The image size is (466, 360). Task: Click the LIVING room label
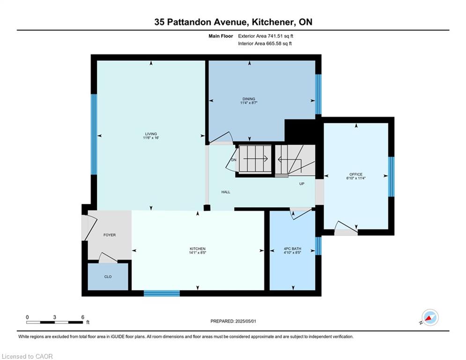pyautogui.click(x=151, y=134)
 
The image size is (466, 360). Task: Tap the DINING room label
pyautogui.click(x=249, y=99)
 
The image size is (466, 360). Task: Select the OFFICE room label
pyautogui.click(x=356, y=174)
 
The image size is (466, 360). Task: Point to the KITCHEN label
pyautogui.click(x=198, y=249)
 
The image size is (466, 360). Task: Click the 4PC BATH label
pyautogui.click(x=292, y=249)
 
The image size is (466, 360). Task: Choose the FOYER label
pyautogui.click(x=110, y=235)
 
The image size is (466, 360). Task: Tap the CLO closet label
pyautogui.click(x=108, y=277)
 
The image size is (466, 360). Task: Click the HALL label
pyautogui.click(x=226, y=192)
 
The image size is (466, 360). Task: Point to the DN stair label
pyautogui.click(x=234, y=160)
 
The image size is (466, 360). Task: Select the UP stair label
pyautogui.click(x=302, y=184)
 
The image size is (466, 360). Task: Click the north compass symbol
pyautogui.click(x=430, y=317)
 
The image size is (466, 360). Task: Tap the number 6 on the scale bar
pyautogui.click(x=82, y=317)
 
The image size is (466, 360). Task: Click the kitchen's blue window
pyautogui.click(x=162, y=293)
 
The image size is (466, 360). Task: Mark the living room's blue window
pyautogui.click(x=94, y=134)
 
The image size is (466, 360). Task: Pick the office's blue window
pyautogui.click(x=392, y=177)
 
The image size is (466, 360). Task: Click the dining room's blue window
pyautogui.click(x=318, y=94)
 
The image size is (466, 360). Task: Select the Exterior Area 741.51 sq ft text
pyautogui.click(x=266, y=36)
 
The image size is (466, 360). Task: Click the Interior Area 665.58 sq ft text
pyautogui.click(x=265, y=44)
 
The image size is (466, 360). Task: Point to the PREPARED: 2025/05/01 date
pyautogui.click(x=233, y=321)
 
